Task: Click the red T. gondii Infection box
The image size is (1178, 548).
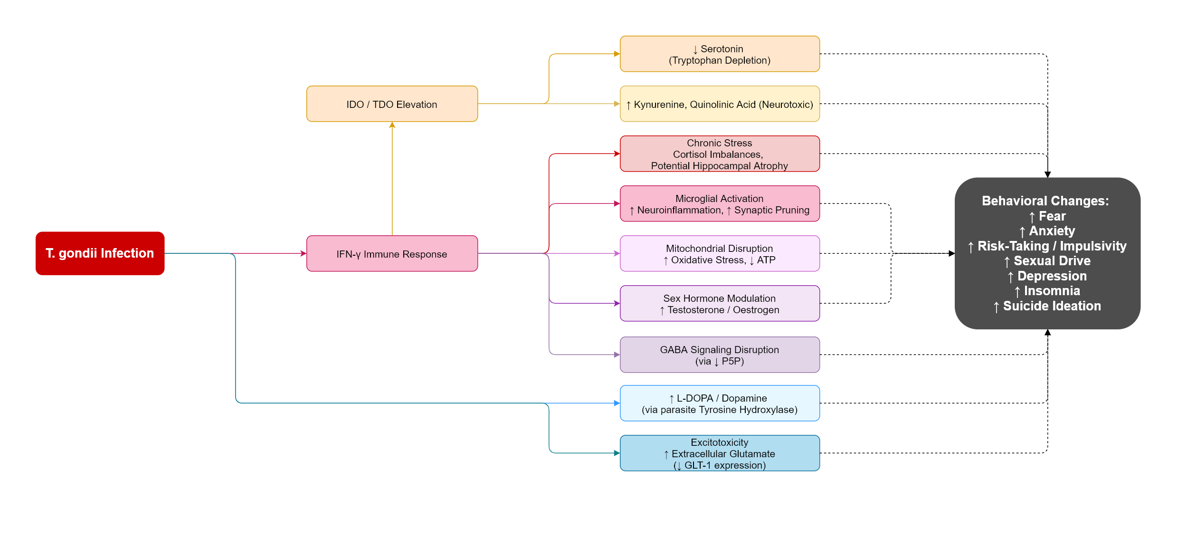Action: point(100,253)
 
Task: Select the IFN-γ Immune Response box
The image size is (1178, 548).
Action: point(392,254)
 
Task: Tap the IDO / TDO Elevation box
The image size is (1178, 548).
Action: point(392,104)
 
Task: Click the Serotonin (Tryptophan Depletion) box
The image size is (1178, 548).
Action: point(720,54)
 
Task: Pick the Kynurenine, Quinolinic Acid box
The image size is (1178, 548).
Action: point(720,104)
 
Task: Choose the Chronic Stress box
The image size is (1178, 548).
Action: point(720,154)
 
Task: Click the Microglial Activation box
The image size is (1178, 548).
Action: point(720,204)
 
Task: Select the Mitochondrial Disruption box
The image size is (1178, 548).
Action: point(720,254)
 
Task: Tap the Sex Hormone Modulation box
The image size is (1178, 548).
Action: point(720,304)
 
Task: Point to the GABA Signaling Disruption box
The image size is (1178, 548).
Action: point(720,355)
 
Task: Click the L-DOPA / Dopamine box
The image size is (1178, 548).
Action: point(720,404)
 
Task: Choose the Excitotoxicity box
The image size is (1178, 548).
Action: point(720,453)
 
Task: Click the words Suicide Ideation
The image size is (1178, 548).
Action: point(1052,306)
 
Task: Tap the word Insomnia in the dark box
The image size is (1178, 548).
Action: point(1052,291)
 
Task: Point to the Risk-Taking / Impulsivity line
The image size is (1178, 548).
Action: point(1052,246)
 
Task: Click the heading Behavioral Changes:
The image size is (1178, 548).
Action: point(1045,201)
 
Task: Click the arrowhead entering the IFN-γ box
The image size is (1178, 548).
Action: point(303,253)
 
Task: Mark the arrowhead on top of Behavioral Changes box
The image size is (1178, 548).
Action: point(1047,174)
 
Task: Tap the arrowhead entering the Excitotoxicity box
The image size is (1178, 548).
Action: point(617,453)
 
